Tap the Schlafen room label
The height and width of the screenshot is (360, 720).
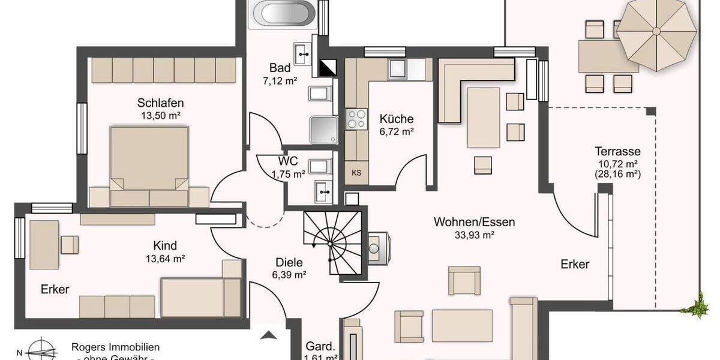point(160,103)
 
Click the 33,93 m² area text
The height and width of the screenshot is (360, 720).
point(474,235)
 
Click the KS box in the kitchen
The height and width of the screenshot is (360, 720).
point(356,173)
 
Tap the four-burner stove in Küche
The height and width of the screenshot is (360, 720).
point(356,119)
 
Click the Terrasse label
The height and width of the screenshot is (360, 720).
point(617,151)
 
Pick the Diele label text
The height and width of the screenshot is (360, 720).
point(289,262)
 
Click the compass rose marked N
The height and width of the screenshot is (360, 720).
point(43,350)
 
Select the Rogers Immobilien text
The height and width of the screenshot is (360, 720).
point(115,347)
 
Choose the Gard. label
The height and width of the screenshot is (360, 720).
point(320,346)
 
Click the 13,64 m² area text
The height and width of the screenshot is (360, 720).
point(165,259)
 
